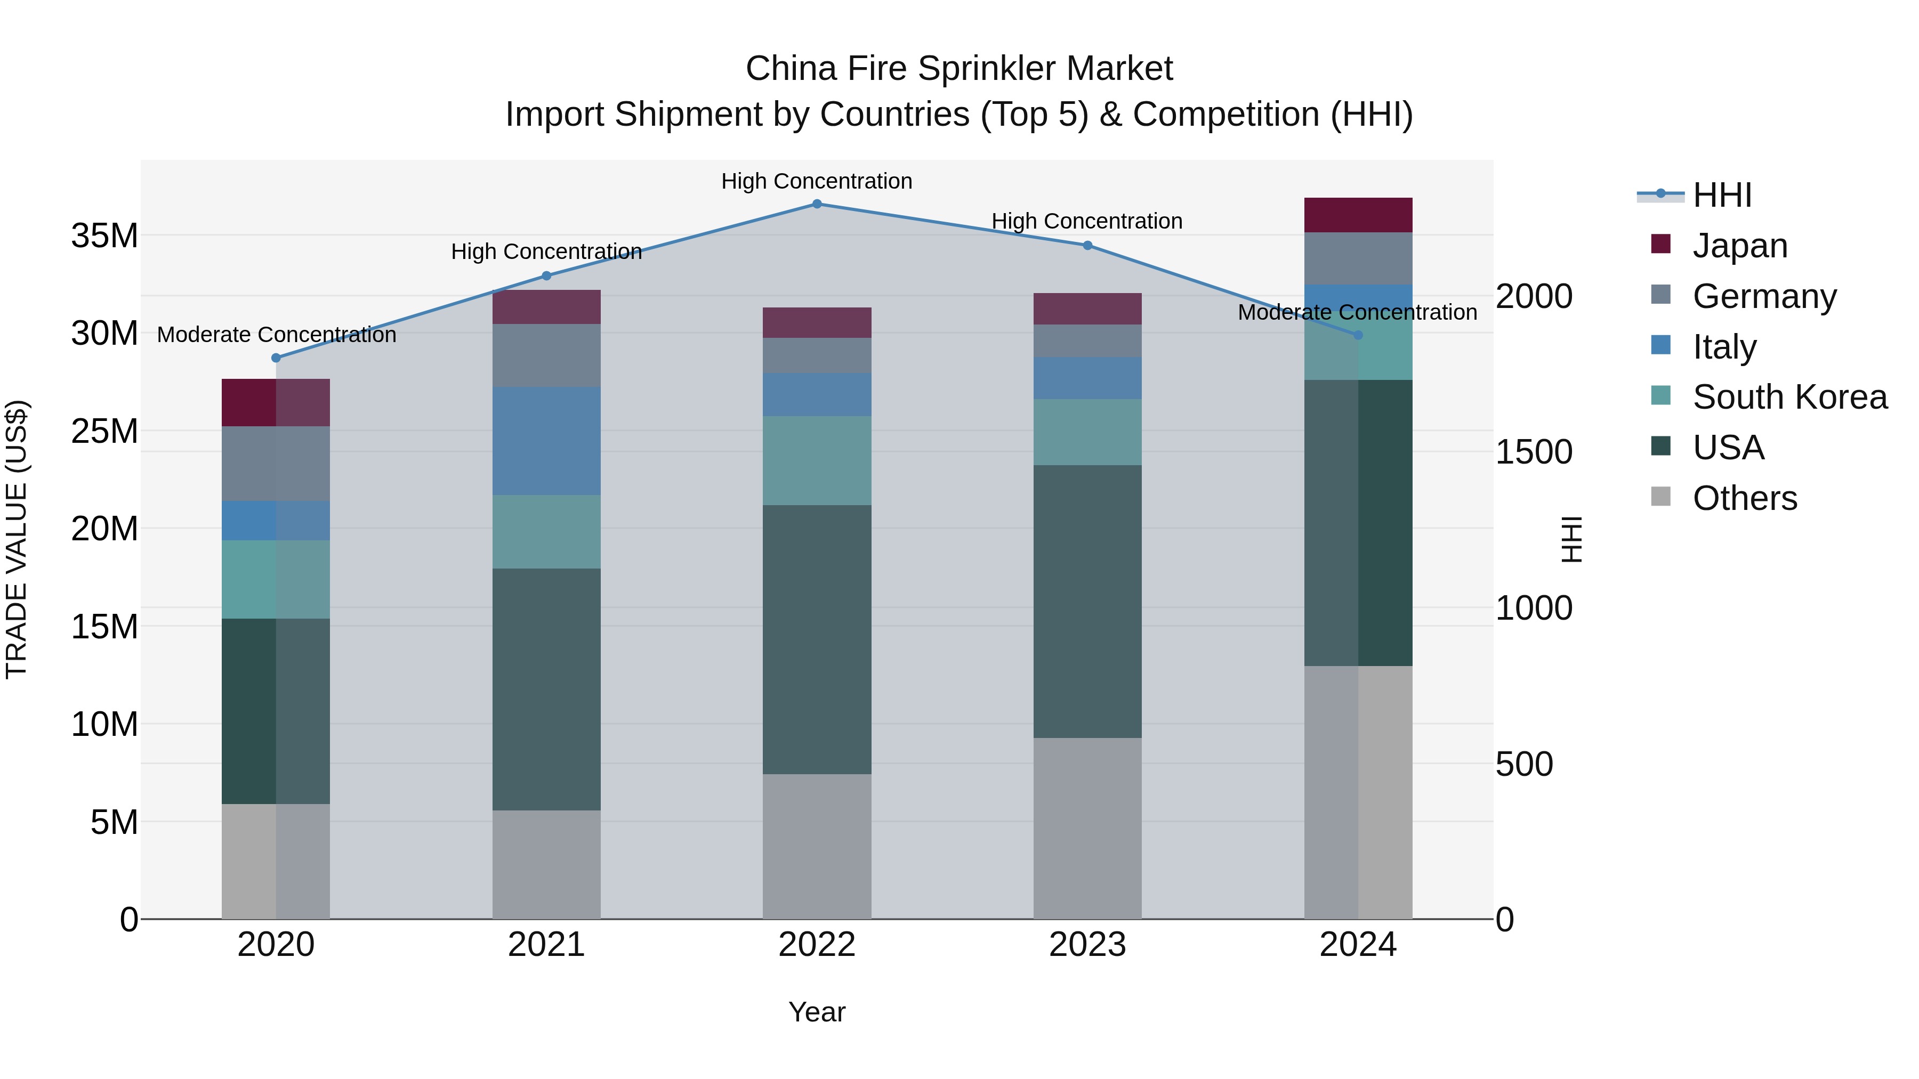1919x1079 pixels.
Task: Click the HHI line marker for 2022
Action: pos(817,204)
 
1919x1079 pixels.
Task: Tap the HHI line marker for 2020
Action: pos(276,358)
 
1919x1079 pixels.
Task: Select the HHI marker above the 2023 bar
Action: pos(1087,246)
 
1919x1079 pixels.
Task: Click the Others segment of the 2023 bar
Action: pos(1087,828)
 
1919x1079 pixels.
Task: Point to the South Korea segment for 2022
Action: pos(817,460)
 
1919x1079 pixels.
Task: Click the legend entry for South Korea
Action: pos(1789,397)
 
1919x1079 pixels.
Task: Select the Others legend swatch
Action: pos(1660,497)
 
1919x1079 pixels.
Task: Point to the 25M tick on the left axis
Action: pos(104,431)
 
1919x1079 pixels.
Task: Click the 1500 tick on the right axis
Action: pos(1534,452)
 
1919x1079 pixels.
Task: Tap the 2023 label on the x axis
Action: pos(1087,945)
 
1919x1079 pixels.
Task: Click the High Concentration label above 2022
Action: pos(817,181)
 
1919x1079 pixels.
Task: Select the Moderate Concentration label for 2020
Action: pos(276,335)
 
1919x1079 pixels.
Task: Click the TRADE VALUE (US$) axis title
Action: pos(17,539)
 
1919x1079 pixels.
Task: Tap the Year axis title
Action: pos(817,1012)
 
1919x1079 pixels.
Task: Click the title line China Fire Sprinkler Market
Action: pos(959,69)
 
